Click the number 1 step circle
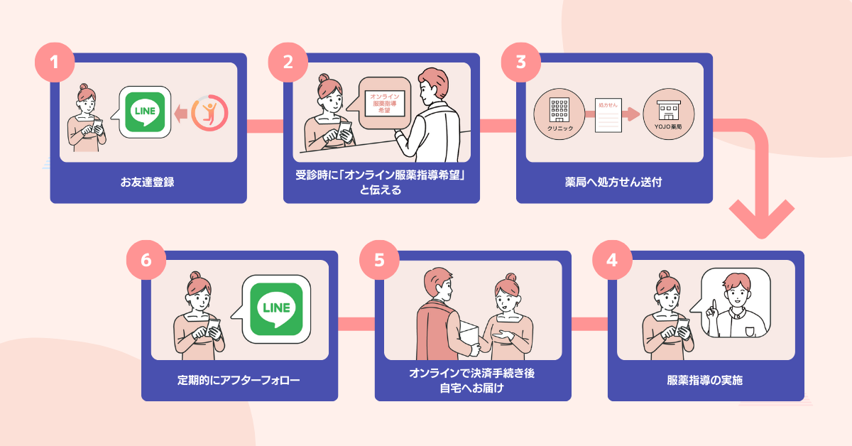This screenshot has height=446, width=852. point(54,61)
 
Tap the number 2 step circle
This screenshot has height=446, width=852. point(288,61)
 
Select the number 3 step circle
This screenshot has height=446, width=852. point(520,61)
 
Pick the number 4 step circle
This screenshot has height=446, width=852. point(612,259)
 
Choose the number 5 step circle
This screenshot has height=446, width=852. point(379,259)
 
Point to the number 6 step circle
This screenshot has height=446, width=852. point(146,259)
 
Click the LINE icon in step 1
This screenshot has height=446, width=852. point(145,111)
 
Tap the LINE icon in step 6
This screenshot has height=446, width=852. point(276,308)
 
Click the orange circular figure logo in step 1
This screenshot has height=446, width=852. point(209,112)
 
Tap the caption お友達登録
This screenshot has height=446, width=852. point(148,182)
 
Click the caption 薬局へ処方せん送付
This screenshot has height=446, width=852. point(613,182)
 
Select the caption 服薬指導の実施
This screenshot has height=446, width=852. point(705,380)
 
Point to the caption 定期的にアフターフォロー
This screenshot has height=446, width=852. point(239,380)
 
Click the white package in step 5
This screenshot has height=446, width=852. point(469,332)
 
